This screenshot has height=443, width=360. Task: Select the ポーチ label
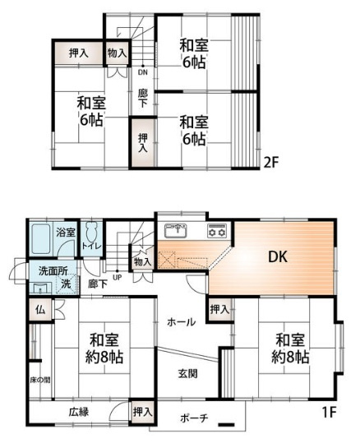pyautogui.click(x=196, y=418)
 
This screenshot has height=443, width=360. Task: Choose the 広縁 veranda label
pyautogui.click(x=79, y=413)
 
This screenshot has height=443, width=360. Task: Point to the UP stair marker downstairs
pyautogui.click(x=118, y=276)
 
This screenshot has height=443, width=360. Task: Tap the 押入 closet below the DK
pyautogui.click(x=219, y=310)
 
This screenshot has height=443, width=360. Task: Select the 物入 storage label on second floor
pyautogui.click(x=118, y=53)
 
